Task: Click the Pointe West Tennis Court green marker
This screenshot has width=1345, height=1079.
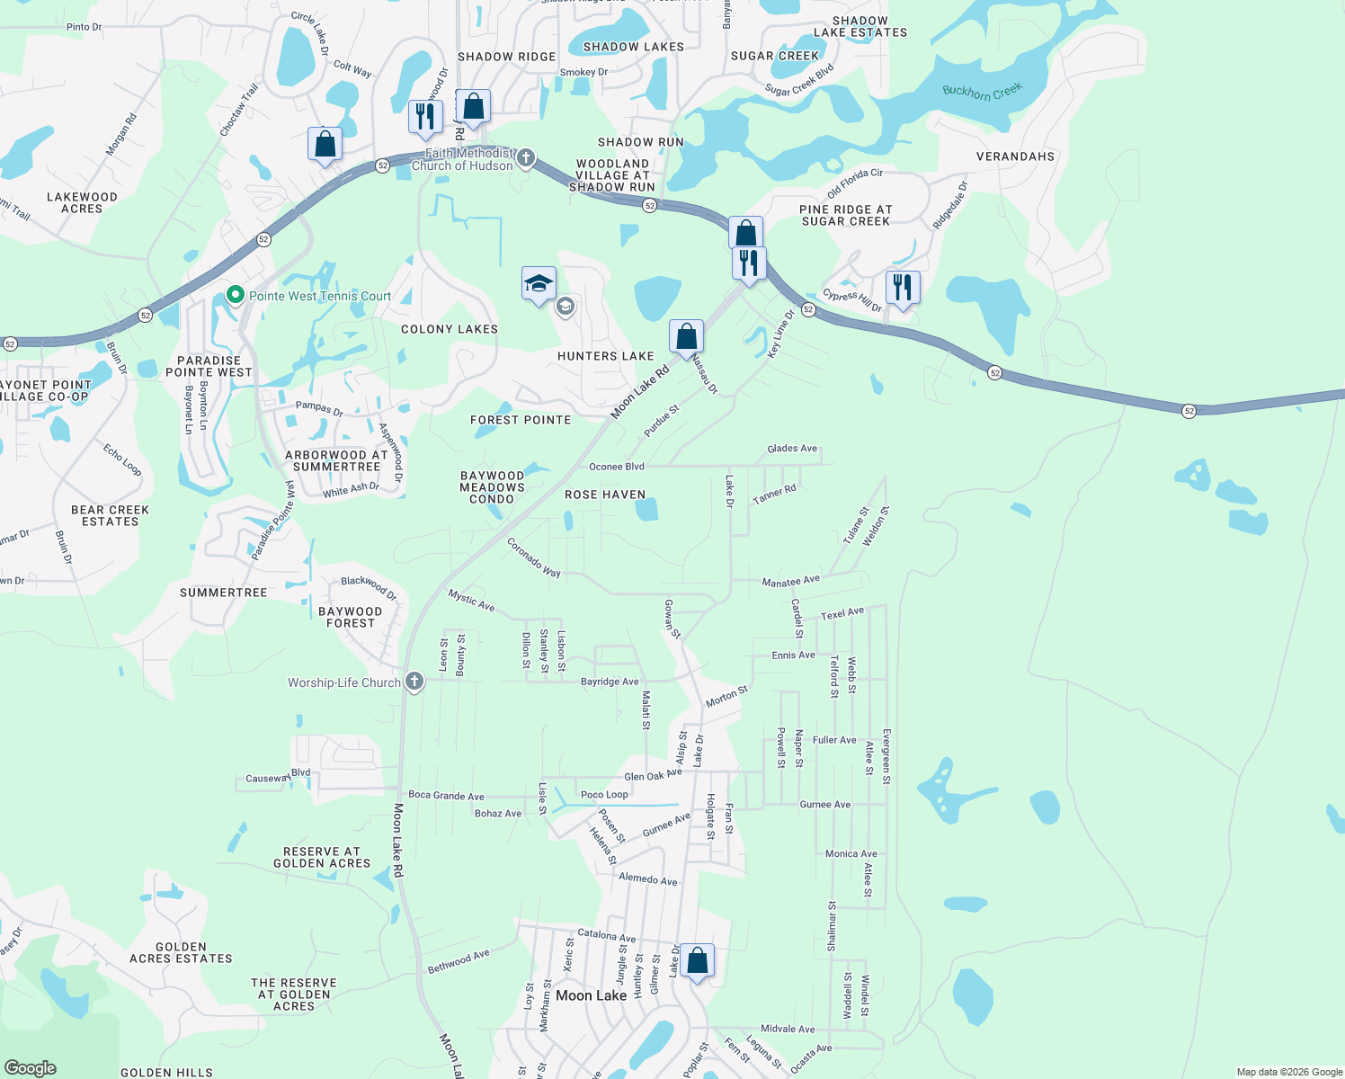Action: [236, 295]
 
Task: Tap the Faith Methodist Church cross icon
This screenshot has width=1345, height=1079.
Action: [526, 159]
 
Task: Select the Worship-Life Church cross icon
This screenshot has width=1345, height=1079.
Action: [414, 682]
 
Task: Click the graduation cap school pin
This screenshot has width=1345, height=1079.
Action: [539, 284]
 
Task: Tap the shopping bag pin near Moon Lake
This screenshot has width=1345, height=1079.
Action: [697, 961]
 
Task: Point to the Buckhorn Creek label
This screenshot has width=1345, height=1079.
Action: [982, 92]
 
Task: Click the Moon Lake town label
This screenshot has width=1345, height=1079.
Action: [591, 995]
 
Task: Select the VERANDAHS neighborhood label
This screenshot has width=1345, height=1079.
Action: [1015, 156]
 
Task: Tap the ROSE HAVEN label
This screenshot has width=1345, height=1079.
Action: [605, 495]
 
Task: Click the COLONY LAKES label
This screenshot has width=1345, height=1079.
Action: [449, 329]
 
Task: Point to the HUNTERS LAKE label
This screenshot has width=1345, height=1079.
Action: [605, 356]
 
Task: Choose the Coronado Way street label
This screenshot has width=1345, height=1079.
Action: [533, 557]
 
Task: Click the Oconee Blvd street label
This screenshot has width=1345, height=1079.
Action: [617, 467]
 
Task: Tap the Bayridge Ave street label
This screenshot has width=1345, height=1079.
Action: [610, 682]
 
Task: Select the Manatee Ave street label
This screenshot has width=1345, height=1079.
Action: [790, 582]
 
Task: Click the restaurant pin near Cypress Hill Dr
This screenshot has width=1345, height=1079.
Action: [902, 288]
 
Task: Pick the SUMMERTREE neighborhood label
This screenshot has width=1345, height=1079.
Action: [223, 593]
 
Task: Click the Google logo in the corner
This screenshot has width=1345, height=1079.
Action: [30, 1068]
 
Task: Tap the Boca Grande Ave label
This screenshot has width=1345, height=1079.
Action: [446, 796]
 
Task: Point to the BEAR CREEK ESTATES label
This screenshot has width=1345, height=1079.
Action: [110, 515]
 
